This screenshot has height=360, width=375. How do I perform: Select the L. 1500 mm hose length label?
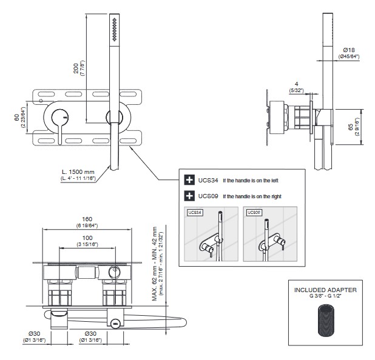(82, 172)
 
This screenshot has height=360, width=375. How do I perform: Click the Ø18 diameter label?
(348, 50)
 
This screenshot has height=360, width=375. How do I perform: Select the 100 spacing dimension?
(87, 238)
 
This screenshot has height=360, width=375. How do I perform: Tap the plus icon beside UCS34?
(189, 179)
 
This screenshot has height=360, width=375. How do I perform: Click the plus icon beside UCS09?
(189, 196)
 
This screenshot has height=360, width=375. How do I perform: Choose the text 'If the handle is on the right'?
(252, 196)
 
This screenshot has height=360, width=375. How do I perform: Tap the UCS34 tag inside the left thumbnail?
(195, 213)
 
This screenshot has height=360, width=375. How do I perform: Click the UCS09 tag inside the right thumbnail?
(254, 213)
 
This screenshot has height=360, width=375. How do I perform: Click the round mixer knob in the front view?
(59, 117)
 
